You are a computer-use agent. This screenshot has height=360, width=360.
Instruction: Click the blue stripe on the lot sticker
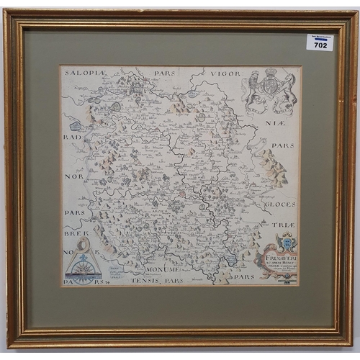[320, 39]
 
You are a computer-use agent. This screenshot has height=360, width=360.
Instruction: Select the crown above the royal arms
[271, 73]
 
